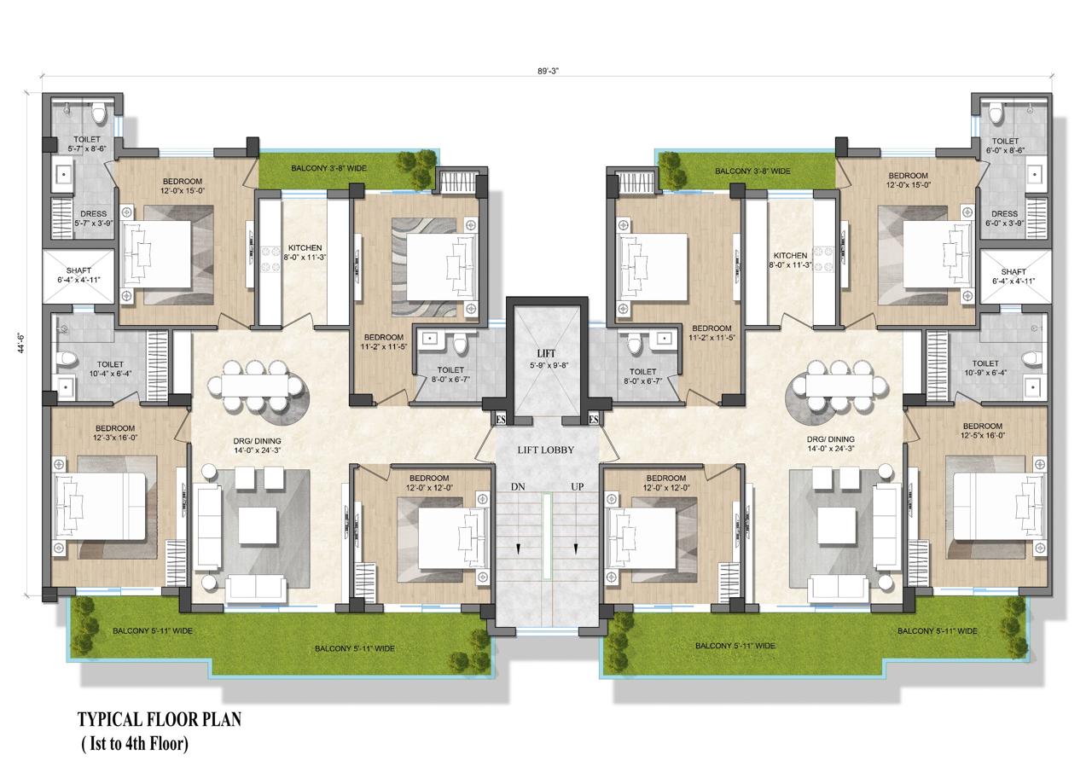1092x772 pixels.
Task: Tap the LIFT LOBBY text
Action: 546,450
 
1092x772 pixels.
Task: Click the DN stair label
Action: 517,486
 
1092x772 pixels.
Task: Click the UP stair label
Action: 578,486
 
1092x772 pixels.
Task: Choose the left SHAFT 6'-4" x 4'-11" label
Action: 78,276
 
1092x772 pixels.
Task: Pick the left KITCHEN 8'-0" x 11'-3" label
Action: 304,252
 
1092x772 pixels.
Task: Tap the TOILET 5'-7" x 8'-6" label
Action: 87,143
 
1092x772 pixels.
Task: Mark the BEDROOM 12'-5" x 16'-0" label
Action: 982,431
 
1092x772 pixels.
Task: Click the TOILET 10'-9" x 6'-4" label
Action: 985,369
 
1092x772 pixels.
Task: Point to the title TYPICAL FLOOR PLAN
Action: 160,719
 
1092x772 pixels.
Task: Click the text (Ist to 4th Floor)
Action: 135,744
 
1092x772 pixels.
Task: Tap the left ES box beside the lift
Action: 501,419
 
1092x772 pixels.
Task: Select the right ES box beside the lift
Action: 593,419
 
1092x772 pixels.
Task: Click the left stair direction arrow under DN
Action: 517,549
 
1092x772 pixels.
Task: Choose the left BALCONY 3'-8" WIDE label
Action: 328,169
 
